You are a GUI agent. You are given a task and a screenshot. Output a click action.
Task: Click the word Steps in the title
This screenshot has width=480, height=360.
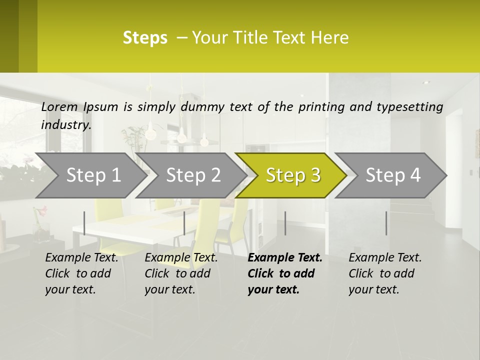tap(145, 38)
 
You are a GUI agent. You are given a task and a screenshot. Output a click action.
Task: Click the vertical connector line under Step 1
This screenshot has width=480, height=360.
tap(84, 223)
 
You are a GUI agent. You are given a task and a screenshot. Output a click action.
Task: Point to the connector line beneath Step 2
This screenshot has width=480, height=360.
tap(184, 223)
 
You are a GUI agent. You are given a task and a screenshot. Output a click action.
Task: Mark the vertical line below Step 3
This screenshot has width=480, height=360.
tap(285, 223)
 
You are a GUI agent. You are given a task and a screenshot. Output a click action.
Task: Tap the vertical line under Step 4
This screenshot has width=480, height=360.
tap(386, 223)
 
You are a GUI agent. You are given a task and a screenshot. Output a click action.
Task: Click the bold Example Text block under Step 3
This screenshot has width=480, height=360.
tap(285, 273)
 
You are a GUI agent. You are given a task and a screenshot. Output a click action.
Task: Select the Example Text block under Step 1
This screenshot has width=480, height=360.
tap(81, 273)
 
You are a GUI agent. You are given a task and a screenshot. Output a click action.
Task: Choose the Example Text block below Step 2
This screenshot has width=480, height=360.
tap(181, 273)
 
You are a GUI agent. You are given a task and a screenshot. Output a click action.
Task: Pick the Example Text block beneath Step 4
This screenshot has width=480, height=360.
tap(385, 273)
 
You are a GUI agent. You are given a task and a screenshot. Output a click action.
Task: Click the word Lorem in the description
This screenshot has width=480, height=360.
tap(59, 107)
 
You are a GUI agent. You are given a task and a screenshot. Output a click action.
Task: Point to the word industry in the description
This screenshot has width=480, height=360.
tap(66, 125)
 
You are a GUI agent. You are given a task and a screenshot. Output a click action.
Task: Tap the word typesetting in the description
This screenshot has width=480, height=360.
tap(411, 107)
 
